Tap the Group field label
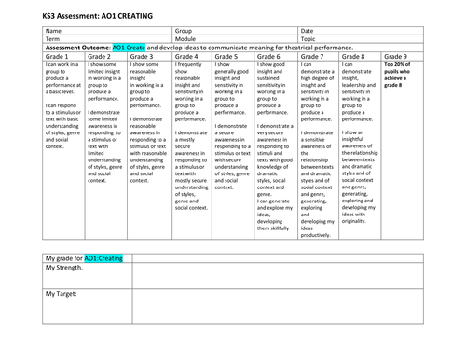coord(185,31)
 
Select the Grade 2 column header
coord(101,56)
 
